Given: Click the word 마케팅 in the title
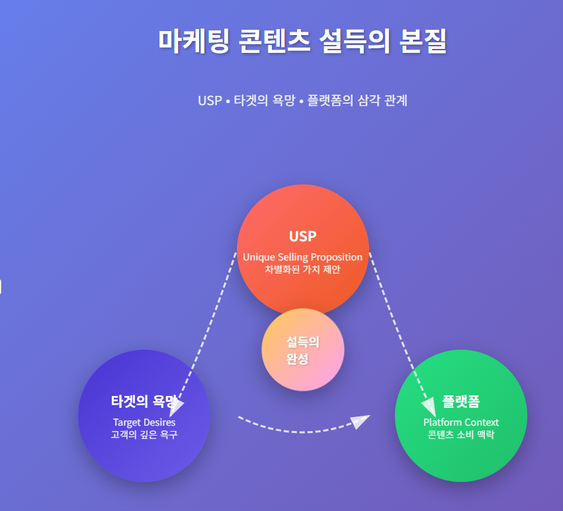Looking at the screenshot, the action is pos(194,41).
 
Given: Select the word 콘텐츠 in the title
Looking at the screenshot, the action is pos(275,41).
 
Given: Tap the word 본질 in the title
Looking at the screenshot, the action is pos(423,41).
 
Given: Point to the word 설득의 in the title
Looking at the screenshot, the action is pos(355,41).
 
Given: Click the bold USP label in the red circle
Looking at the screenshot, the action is pos(303,236).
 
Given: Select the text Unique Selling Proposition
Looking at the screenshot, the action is pos(303,257).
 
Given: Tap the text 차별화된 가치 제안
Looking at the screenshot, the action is pos(303,269).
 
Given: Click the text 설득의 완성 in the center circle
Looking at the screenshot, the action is pos(303,350).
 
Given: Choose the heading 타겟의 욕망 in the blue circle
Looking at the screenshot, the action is pos(144,401).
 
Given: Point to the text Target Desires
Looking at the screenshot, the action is pos(144,422).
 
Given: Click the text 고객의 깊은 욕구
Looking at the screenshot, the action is pos(144,434).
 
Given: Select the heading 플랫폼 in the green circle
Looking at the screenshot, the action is pos(461,401).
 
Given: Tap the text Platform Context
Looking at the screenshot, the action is pos(461,422).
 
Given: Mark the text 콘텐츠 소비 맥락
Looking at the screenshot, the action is pos(461,434).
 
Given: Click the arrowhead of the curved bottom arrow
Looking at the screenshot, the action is pos(360,421).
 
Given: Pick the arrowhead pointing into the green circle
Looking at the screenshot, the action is pos(429,407).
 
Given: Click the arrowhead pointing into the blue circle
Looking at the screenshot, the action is pos(176,407).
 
